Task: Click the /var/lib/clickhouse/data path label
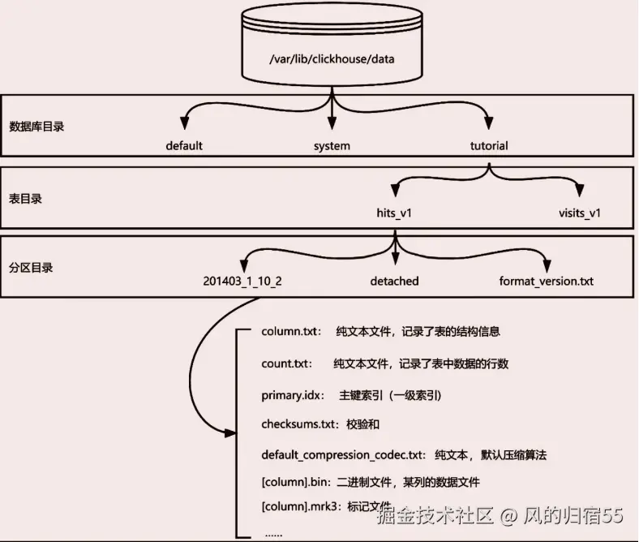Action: (332, 59)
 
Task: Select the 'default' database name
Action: (184, 145)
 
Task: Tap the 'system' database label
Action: (332, 146)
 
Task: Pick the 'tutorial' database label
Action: (489, 145)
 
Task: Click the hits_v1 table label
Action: (394, 213)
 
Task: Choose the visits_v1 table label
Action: (580, 213)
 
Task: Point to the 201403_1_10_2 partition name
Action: (242, 281)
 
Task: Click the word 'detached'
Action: (394, 281)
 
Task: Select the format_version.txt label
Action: (546, 281)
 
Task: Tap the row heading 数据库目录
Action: (36, 127)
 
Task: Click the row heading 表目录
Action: (25, 199)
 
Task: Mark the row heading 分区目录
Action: (31, 268)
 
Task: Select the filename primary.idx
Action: (290, 395)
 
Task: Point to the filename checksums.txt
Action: (298, 424)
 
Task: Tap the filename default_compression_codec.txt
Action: (341, 454)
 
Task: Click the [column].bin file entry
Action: (294, 482)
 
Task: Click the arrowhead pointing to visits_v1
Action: (580, 189)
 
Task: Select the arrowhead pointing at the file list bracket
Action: (230, 432)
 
